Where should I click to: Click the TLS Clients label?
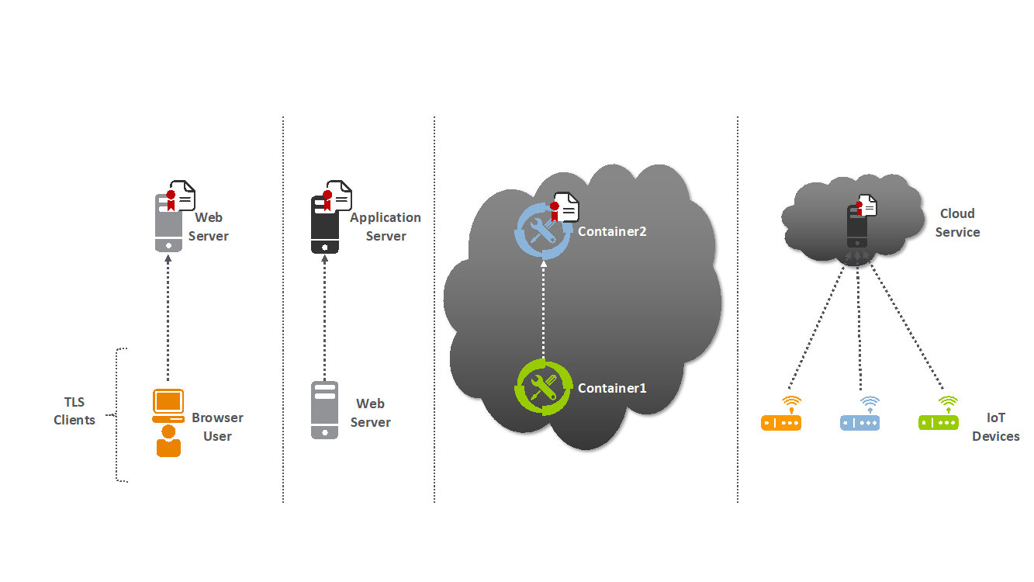pos(74,411)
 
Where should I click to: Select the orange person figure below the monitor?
pos(168,442)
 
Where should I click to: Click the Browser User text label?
pos(217,427)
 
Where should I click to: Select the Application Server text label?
pos(386,227)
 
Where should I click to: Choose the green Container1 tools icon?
pos(542,387)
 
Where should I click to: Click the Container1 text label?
pos(612,388)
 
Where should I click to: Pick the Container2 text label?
pos(612,231)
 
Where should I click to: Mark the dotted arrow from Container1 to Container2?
pos(543,310)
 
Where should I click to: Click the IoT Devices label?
pos(995,427)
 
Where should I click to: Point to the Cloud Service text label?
pos(957,223)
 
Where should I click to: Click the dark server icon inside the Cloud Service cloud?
pos(856,227)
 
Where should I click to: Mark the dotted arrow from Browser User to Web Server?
pos(168,318)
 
